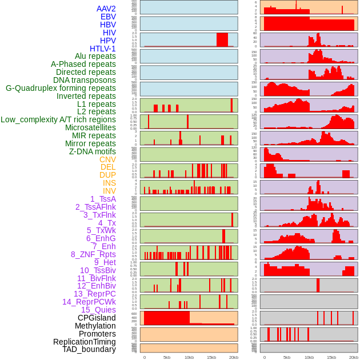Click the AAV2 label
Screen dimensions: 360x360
point(106,9)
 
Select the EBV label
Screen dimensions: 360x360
point(107,17)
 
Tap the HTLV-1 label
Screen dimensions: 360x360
point(102,49)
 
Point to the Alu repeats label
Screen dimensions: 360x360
point(95,57)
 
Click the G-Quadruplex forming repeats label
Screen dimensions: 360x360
point(61,88)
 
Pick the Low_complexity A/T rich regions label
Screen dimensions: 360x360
point(58,119)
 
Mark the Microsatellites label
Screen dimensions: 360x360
point(90,127)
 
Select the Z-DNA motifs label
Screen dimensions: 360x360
point(92,151)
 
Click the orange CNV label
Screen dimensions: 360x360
point(107,159)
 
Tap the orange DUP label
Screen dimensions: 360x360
point(107,175)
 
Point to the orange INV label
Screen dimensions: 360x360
point(109,191)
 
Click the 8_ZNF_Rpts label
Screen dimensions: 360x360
point(93,254)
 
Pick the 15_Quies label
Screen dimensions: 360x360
point(98,310)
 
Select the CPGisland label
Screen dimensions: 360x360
point(97,318)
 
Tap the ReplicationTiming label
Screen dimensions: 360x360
point(84,342)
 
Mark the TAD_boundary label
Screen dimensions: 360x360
point(89,349)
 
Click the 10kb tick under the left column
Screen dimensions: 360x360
point(189,357)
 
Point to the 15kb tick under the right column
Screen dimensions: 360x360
point(331,357)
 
